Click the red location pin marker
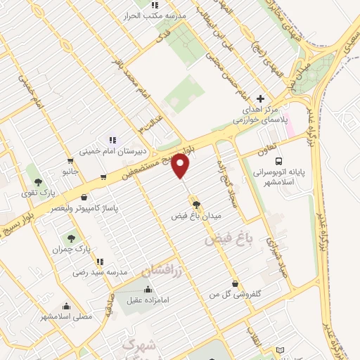click(181, 166)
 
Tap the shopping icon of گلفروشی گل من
click(234, 284)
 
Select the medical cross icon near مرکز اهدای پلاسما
click(261, 99)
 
